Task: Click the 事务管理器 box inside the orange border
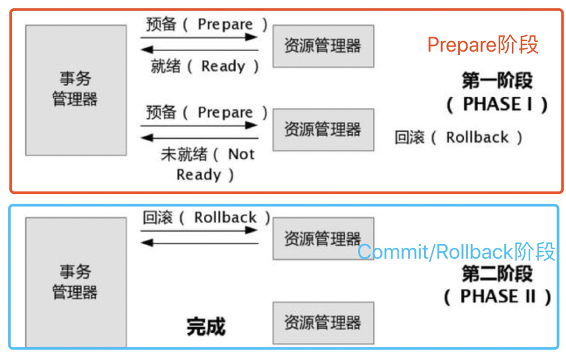tap(76, 89)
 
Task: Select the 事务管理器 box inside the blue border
tap(76, 282)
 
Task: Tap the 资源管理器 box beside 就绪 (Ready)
tap(323, 46)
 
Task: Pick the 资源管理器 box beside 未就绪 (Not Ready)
tap(323, 129)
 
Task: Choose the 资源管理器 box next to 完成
tap(323, 323)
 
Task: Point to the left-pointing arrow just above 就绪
tap(200, 50)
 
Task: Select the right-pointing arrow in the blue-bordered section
tap(200, 230)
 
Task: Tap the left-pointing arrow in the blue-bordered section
tap(200, 243)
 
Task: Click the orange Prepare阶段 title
tap(483, 45)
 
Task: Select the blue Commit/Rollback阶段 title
tap(456, 252)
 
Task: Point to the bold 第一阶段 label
tap(497, 81)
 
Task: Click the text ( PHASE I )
tap(497, 104)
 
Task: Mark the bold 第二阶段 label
tap(497, 273)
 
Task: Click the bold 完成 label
tap(206, 327)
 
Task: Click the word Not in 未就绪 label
tap(241, 154)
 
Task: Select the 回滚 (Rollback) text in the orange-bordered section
tap(459, 137)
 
